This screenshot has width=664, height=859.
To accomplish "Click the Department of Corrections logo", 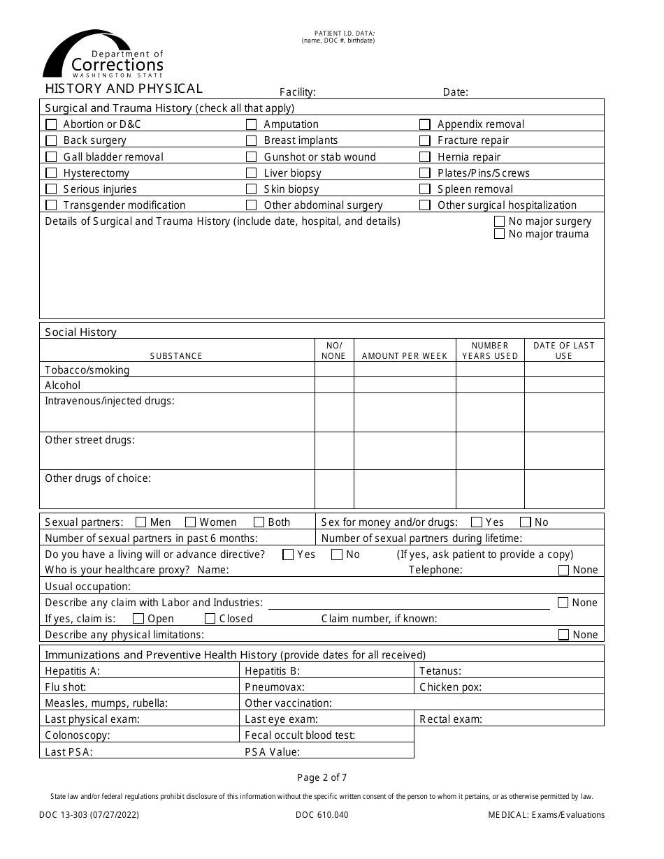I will [103, 54].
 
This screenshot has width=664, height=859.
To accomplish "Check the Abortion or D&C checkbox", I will [51, 124].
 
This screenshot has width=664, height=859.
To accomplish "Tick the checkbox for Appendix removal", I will [425, 124].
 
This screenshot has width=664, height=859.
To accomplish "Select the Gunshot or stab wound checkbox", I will [252, 157].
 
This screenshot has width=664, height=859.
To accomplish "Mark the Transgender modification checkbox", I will [51, 205].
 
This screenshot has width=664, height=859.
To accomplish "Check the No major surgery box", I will [499, 221].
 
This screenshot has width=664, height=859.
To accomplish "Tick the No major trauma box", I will [499, 234].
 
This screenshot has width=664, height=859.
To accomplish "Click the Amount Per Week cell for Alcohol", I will [405, 386].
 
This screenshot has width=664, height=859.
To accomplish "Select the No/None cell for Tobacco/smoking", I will [333, 370].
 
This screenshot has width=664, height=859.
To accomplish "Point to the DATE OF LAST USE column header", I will [563, 351].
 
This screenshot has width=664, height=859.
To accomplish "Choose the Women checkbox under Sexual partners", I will [190, 522].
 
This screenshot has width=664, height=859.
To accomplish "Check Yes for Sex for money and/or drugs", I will [477, 522].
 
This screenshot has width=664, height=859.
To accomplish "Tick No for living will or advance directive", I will [337, 555].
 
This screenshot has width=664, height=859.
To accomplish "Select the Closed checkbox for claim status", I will [210, 619].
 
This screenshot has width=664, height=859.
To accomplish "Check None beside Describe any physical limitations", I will [563, 635].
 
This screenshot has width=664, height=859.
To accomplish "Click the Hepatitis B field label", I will [272, 671].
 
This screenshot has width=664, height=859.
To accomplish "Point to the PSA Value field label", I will [272, 752].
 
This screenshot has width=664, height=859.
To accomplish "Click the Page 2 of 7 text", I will [322, 777].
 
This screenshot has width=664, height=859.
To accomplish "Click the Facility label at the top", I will [297, 92].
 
